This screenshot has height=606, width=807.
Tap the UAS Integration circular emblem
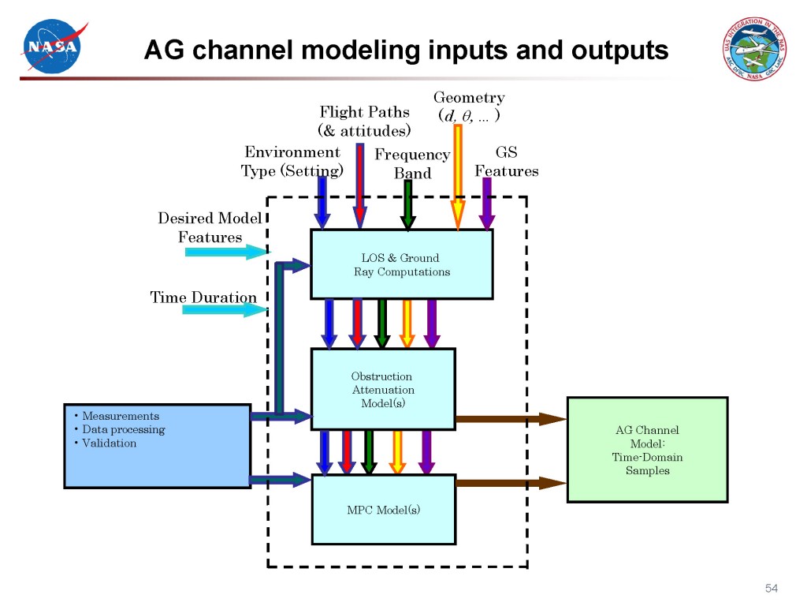755,47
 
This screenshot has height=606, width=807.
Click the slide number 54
772,589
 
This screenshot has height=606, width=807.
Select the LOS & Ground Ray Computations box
402,264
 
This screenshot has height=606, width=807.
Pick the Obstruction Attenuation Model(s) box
383,390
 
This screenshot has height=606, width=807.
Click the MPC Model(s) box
383,510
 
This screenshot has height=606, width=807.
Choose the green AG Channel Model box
647,450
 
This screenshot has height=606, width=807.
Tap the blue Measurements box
157,446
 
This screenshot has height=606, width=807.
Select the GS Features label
506,162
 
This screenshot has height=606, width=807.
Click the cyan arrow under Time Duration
225,309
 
